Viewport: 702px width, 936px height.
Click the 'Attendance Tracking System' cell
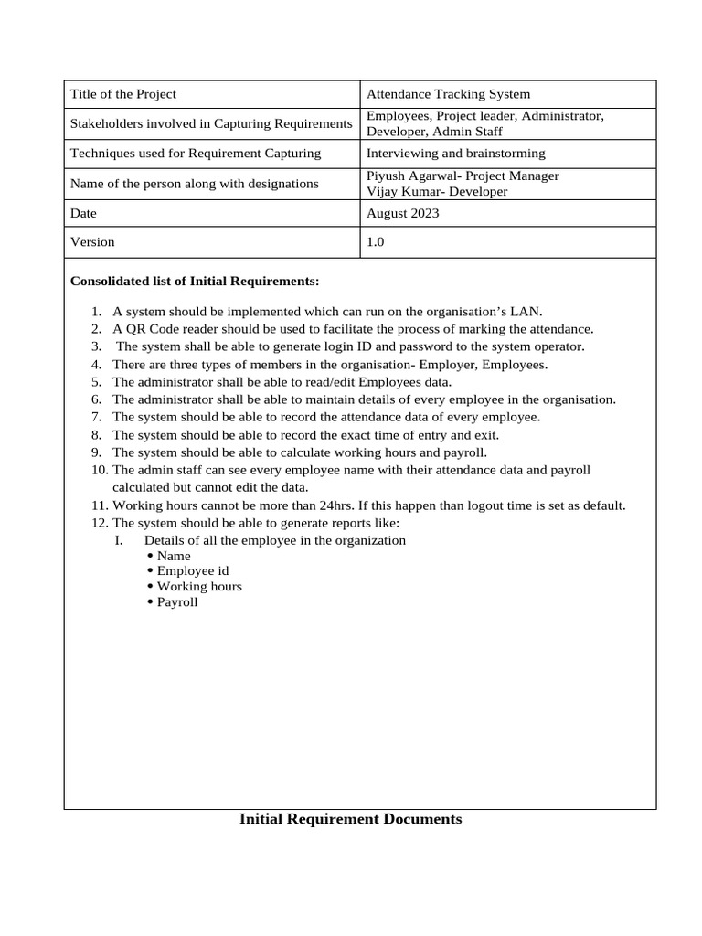point(448,94)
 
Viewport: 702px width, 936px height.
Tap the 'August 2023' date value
point(402,213)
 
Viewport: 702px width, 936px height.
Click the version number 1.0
point(376,242)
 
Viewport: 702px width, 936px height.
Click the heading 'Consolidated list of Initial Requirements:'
point(195,281)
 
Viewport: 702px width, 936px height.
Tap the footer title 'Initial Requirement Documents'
point(350,819)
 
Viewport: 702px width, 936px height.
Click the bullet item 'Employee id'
point(192,570)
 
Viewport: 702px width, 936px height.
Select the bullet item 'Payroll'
point(177,602)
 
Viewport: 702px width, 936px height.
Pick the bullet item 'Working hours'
point(199,586)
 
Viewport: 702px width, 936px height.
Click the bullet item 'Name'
point(174,555)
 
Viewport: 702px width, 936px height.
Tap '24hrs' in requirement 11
point(337,505)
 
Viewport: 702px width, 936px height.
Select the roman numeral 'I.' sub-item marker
point(118,540)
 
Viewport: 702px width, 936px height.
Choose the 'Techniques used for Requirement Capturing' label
point(196,153)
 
